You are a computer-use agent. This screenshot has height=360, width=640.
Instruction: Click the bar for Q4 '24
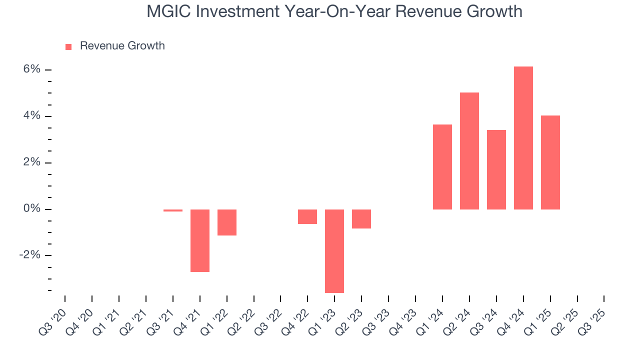click(x=523, y=137)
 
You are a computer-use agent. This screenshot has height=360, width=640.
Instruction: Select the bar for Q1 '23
click(x=334, y=250)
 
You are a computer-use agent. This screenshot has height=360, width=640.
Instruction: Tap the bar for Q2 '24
click(x=469, y=150)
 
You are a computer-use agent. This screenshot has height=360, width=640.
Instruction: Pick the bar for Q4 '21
click(x=200, y=240)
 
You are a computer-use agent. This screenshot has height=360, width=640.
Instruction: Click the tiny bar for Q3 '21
click(x=173, y=210)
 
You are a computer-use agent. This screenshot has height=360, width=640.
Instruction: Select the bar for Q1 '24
click(x=442, y=166)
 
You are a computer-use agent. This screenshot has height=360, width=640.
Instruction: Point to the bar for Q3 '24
click(x=496, y=169)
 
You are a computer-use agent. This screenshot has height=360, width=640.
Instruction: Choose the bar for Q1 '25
click(x=550, y=162)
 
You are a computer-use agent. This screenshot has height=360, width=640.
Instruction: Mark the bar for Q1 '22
click(x=227, y=222)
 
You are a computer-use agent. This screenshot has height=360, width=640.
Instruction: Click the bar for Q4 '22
click(x=307, y=216)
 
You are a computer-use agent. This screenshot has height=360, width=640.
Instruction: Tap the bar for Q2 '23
click(x=361, y=218)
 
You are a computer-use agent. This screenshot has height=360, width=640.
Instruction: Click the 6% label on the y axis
click(x=31, y=69)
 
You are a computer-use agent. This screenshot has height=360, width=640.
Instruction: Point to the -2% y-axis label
click(x=29, y=255)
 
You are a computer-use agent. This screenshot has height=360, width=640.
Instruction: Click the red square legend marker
click(x=68, y=47)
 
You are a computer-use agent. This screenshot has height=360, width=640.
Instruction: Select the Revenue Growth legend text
click(x=122, y=46)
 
